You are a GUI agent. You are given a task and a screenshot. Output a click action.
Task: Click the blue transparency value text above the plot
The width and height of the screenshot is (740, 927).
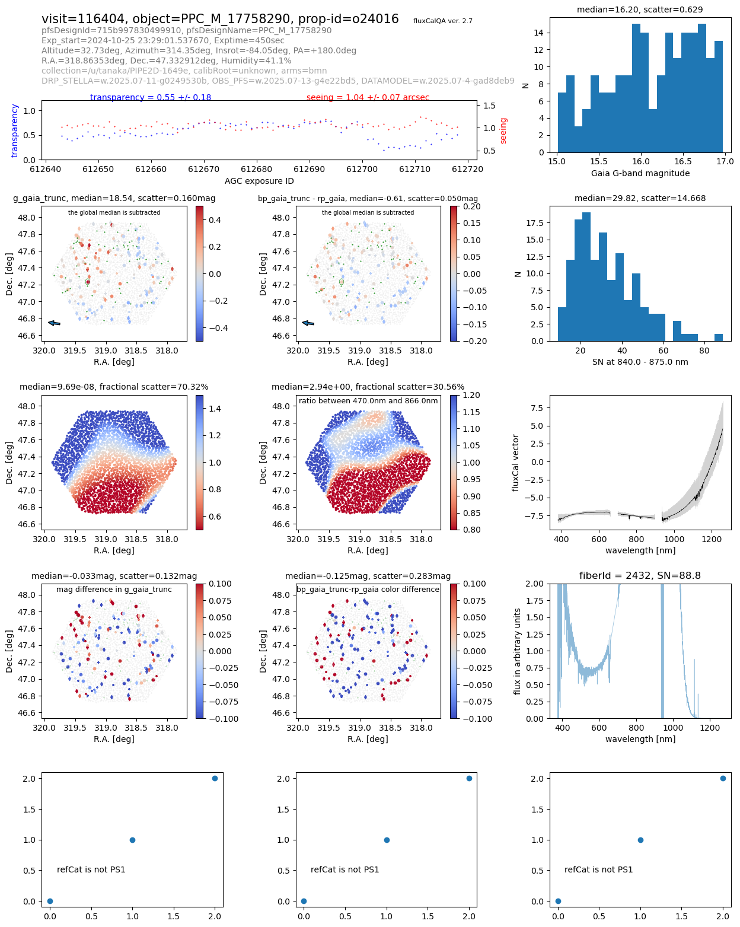151,97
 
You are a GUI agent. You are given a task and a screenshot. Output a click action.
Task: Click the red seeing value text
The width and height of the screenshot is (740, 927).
368,97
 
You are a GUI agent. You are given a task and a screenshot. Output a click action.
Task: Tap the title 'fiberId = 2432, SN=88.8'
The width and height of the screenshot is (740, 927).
640,575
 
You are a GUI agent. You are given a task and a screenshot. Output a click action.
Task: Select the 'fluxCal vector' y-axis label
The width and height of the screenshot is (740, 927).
516,463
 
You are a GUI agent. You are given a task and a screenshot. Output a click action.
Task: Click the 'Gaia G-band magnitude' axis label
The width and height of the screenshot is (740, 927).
640,173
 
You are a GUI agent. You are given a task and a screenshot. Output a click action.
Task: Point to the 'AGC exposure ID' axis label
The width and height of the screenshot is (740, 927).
259,181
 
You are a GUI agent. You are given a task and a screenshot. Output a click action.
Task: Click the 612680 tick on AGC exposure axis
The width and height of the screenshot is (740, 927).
257,169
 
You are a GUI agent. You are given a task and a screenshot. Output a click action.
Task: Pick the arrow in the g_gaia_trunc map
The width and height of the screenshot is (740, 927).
54,323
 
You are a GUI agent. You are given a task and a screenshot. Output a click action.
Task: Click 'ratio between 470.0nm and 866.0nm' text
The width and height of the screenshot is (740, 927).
368,401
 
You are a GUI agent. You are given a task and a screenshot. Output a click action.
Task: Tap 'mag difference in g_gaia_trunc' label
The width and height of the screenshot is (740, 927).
114,590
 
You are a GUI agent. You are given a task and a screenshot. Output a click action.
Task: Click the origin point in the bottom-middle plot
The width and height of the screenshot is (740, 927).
304,901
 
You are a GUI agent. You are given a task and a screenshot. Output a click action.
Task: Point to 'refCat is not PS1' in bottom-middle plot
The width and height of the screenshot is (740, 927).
345,869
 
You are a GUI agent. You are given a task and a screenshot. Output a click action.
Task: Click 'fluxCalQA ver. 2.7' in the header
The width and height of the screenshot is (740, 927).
443,21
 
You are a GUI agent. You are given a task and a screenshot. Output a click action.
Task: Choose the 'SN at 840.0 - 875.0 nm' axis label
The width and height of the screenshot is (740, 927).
640,362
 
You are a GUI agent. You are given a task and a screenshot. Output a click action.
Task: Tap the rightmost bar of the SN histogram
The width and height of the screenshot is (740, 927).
719,337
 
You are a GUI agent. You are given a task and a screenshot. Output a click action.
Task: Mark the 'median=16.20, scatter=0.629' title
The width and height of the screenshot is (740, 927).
640,9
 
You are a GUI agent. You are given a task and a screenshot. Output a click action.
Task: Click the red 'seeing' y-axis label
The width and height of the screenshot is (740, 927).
503,130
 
